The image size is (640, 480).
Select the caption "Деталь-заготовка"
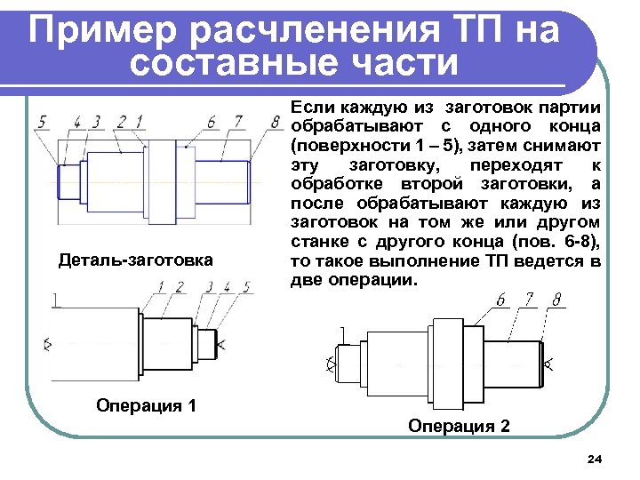click(x=135, y=260)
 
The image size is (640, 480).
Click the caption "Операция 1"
click(x=146, y=406)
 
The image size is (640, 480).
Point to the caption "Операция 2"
click(x=460, y=426)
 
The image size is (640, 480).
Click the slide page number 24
click(x=595, y=459)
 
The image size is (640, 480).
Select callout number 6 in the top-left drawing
click(x=212, y=121)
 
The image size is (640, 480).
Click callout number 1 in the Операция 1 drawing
click(x=161, y=286)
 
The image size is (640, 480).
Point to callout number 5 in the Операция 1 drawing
click(x=246, y=286)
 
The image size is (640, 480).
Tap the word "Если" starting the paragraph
click(x=309, y=106)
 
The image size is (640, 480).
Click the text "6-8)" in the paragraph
click(x=581, y=243)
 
